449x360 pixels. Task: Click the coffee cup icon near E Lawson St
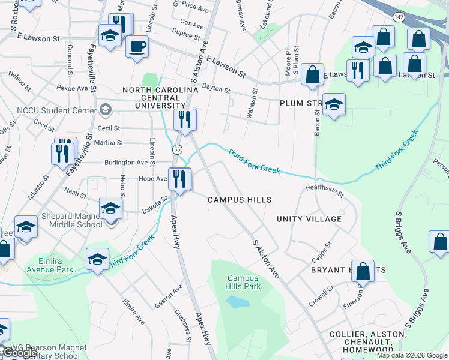pyautogui.click(x=137, y=47)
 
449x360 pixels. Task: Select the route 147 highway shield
pyautogui.click(x=398, y=14)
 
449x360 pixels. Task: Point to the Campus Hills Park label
pyautogui.click(x=244, y=282)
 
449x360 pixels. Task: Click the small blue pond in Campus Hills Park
pyautogui.click(x=239, y=302)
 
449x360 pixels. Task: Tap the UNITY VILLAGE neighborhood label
pyautogui.click(x=309, y=219)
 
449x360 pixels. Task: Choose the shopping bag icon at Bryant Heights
pyautogui.click(x=363, y=271)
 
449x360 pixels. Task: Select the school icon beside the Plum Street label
pyautogui.click(x=334, y=104)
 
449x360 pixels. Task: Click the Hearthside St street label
pyautogui.click(x=324, y=190)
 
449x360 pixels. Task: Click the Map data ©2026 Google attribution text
pyautogui.click(x=411, y=355)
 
